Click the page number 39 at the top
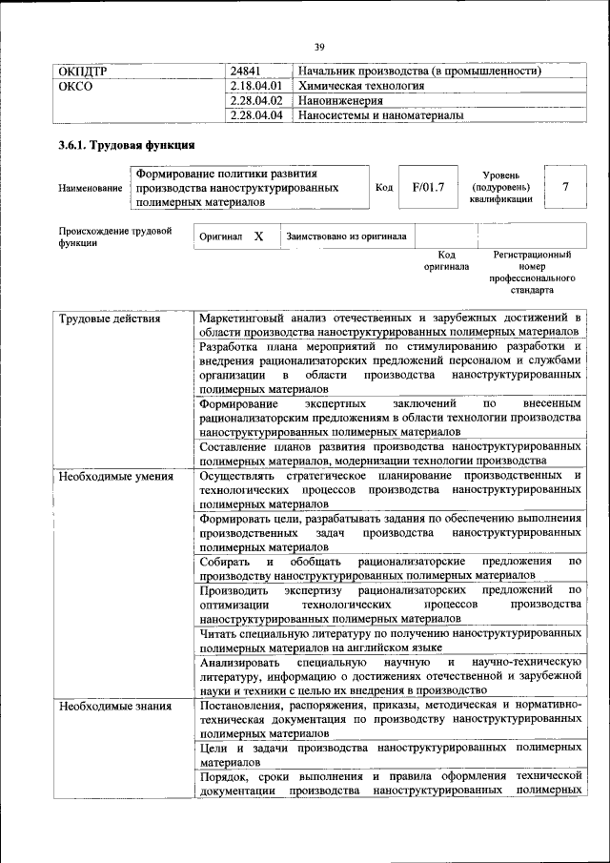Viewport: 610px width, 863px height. (x=319, y=46)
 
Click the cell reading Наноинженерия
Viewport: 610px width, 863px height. (x=338, y=100)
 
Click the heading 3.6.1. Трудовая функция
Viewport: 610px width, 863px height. (x=127, y=146)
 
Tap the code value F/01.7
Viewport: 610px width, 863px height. (x=428, y=187)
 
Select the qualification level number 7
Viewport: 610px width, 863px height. (x=565, y=187)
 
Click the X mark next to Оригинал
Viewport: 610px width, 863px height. (x=258, y=236)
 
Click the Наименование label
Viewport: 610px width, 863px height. (x=91, y=188)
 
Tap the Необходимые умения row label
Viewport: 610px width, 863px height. (x=115, y=476)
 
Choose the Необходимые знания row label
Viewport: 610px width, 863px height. (x=114, y=707)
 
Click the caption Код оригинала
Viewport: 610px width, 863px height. (x=446, y=260)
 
